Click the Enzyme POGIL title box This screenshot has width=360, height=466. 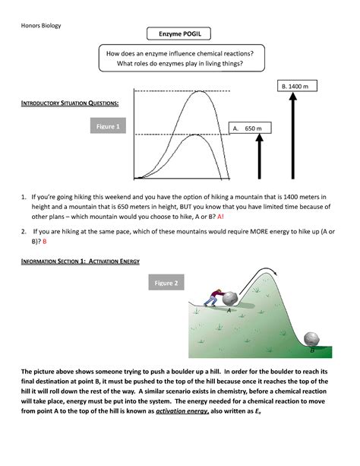pyautogui.click(x=180, y=36)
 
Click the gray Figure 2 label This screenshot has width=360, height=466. pyautogui.click(x=166, y=283)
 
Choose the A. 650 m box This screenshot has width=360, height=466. pyautogui.click(x=248, y=128)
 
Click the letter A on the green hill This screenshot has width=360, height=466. pyautogui.click(x=229, y=311)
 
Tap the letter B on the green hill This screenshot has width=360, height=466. pyautogui.click(x=311, y=351)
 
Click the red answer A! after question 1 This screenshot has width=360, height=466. pyautogui.click(x=221, y=216)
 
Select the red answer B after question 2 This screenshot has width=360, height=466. pyautogui.click(x=44, y=241)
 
